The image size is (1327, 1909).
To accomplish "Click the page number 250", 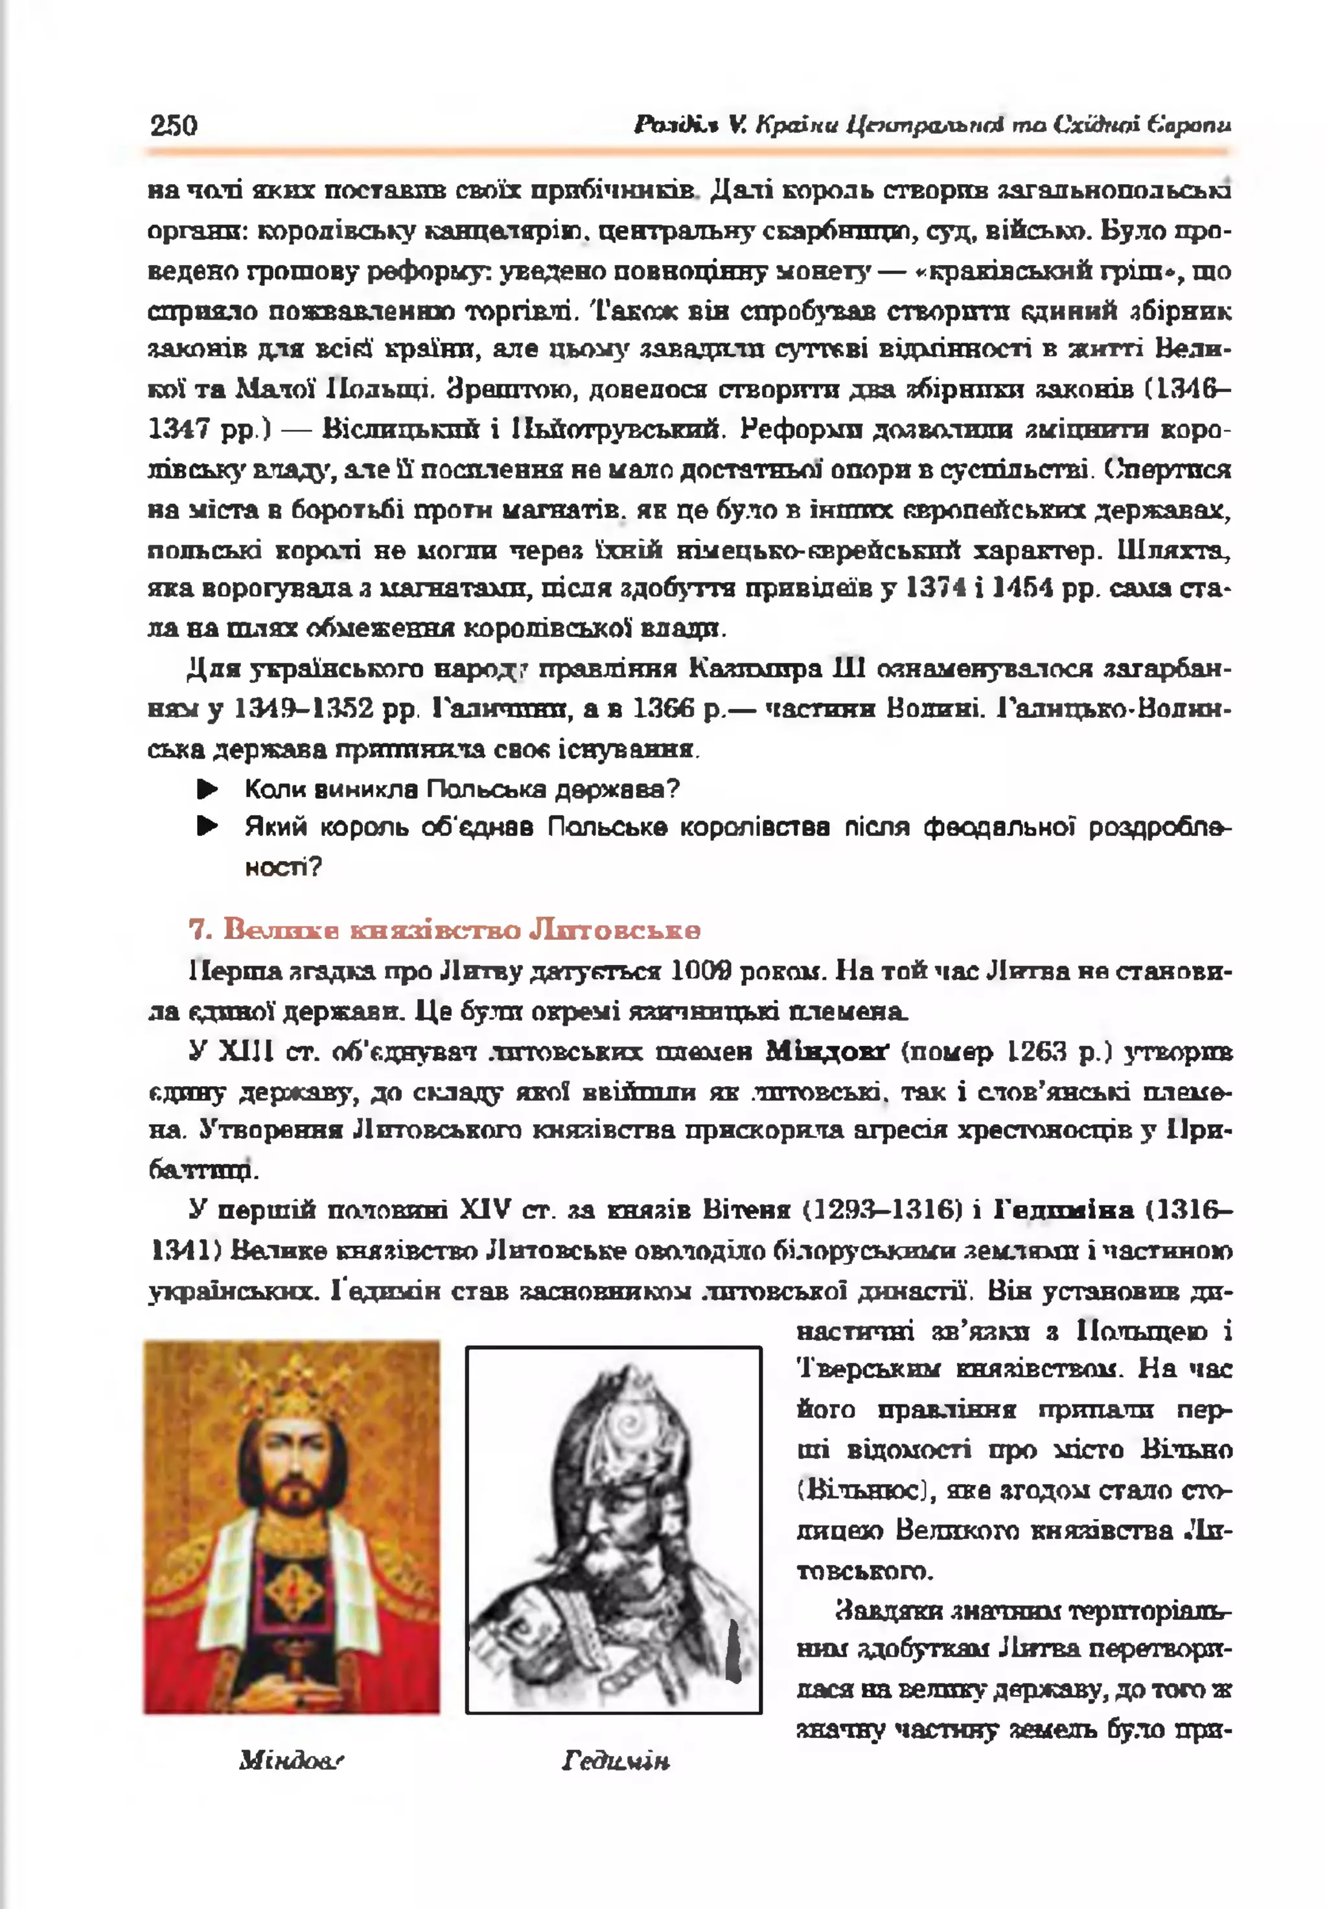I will coord(174,126).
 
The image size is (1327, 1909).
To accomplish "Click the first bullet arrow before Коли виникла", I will coord(207,789).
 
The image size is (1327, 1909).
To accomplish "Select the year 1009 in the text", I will coord(701,971).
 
